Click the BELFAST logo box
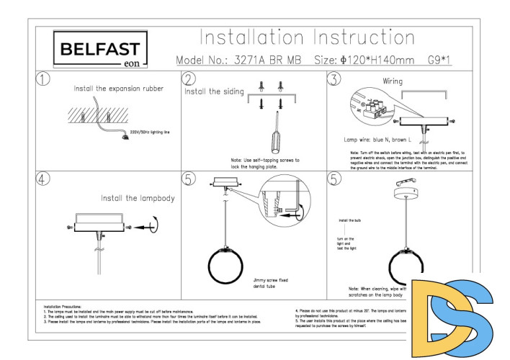tap(101, 50)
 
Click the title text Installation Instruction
tap(307, 37)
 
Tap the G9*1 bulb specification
tap(440, 60)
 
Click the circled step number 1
tap(45, 79)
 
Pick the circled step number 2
tap(189, 79)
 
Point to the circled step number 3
tap(334, 79)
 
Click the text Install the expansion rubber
tap(119, 89)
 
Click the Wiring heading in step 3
tap(393, 82)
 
